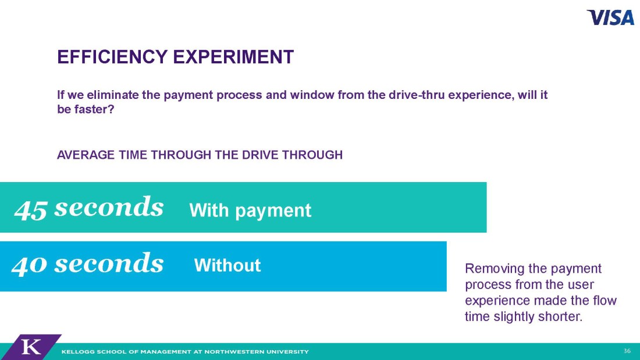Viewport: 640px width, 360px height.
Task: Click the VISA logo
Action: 610,17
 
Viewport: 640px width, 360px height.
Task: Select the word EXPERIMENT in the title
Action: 233,57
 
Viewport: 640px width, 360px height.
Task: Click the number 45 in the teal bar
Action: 31,209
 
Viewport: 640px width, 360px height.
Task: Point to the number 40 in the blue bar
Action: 29,265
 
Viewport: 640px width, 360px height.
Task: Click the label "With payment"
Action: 250,210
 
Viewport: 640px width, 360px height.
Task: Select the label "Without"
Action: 227,265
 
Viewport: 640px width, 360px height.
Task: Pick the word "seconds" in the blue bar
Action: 109,263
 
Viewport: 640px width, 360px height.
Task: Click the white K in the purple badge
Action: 31,347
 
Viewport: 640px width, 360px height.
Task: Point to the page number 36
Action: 627,351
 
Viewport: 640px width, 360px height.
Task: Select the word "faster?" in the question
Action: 94,109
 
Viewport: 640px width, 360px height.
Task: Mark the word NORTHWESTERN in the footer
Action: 234,351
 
